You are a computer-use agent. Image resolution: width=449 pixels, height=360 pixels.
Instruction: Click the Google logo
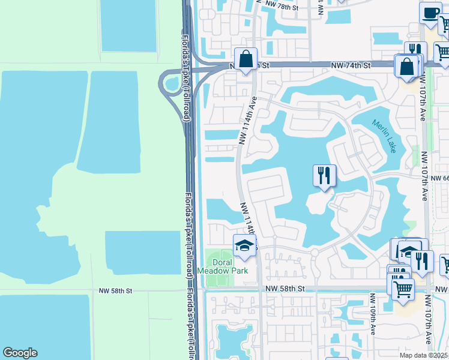(x=20, y=353)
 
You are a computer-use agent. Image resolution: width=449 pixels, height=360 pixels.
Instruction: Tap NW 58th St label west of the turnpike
(x=115, y=290)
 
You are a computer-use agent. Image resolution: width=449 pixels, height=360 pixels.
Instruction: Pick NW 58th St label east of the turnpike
(x=286, y=289)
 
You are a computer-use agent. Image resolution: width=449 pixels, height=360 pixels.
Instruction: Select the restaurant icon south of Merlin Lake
(x=324, y=176)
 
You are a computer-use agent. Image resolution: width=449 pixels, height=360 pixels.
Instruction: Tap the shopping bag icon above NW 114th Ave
(x=246, y=59)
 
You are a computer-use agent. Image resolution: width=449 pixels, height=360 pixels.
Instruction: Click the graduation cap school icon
(x=244, y=245)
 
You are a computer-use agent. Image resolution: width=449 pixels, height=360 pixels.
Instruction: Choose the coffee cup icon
(x=430, y=13)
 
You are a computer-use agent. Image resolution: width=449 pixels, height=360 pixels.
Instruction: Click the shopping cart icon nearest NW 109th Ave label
(x=403, y=290)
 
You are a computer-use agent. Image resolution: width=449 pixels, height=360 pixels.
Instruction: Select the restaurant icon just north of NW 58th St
(x=422, y=262)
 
